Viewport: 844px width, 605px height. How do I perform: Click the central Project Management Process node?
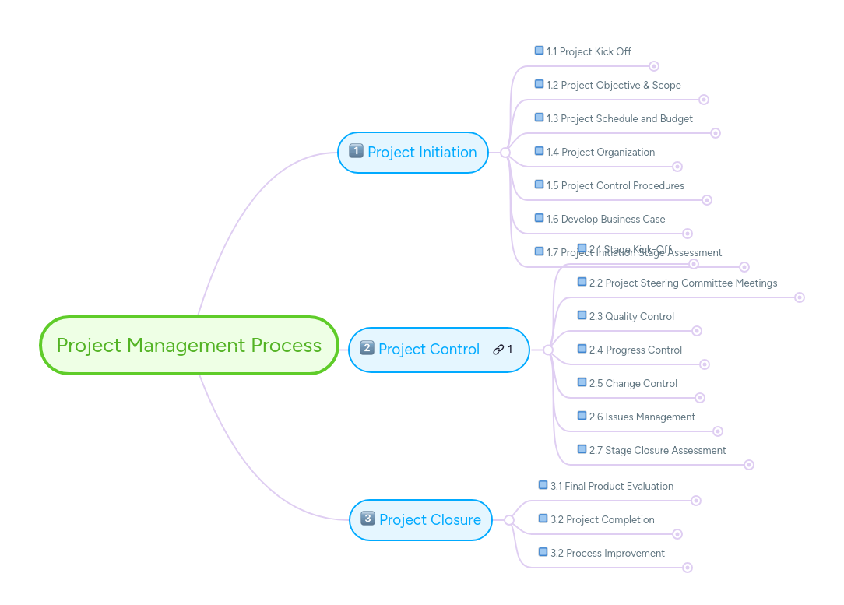189,345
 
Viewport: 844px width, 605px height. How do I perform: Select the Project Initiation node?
413,153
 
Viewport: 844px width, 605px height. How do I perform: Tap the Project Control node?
429,350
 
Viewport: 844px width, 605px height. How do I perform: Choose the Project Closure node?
421,520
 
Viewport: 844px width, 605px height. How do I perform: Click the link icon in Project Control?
498,350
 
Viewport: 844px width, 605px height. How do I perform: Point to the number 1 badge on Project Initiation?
356,151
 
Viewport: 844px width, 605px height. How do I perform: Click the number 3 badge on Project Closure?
367,519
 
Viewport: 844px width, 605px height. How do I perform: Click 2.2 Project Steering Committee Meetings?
683,283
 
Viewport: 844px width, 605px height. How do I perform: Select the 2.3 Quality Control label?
631,316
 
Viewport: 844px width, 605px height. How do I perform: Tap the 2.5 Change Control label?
633,383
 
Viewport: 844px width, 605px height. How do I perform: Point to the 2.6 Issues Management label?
642,417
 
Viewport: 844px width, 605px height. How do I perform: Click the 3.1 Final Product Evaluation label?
611,486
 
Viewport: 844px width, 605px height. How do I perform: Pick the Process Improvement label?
607,553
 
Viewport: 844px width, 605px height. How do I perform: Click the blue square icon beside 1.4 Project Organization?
539,151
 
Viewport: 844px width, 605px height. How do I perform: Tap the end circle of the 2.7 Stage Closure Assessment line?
749,465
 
